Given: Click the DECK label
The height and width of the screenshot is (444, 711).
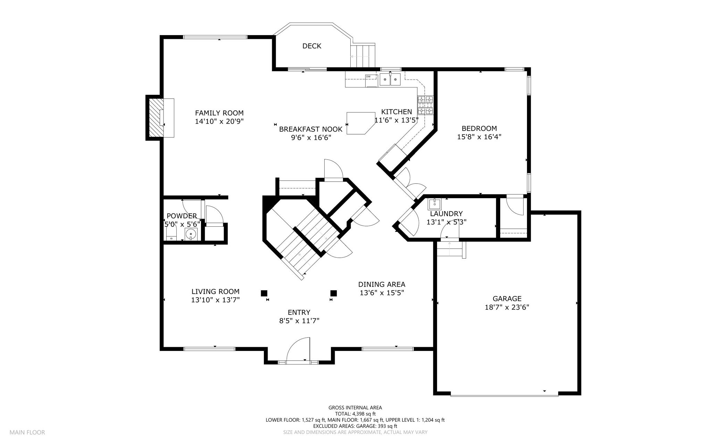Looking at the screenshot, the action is tap(312, 46).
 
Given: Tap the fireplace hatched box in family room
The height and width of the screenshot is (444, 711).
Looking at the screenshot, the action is tap(156, 118).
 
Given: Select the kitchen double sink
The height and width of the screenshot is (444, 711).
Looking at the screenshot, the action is tap(390, 79).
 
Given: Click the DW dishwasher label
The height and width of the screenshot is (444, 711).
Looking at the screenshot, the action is tap(368, 76).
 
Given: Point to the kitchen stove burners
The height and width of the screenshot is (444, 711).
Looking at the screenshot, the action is tap(426, 105).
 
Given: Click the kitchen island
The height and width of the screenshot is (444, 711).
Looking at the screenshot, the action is tap(361, 123).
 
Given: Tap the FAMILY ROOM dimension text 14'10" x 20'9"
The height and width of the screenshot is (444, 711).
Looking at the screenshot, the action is tap(219, 122).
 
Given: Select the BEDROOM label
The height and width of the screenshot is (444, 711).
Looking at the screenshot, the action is tap(479, 128).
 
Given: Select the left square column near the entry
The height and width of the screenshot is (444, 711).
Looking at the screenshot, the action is tap(264, 293).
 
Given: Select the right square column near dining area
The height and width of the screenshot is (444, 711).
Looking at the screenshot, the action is tap(334, 293).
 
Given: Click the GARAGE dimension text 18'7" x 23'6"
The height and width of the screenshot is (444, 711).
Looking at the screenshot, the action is tap(507, 307).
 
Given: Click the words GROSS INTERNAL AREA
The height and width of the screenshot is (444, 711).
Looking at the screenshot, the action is tap(355, 408).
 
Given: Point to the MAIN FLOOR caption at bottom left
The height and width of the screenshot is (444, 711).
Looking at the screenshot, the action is tap(27, 433).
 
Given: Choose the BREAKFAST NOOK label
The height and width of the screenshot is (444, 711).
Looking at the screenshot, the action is tap(311, 129).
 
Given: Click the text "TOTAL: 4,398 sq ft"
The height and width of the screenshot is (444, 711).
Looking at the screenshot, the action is tap(355, 414).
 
